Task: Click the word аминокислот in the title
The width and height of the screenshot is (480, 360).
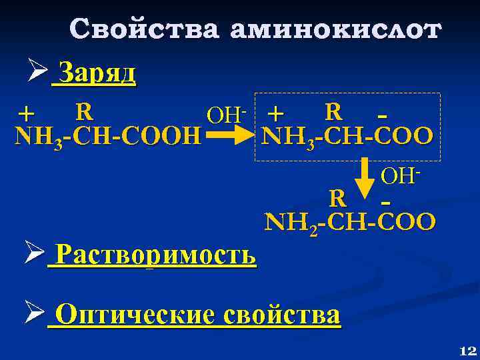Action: point(335,29)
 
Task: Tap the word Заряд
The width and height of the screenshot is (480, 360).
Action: point(98,73)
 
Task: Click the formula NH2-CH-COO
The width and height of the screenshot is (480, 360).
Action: point(351,221)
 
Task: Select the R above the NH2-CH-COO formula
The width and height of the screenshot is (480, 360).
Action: point(338,197)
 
